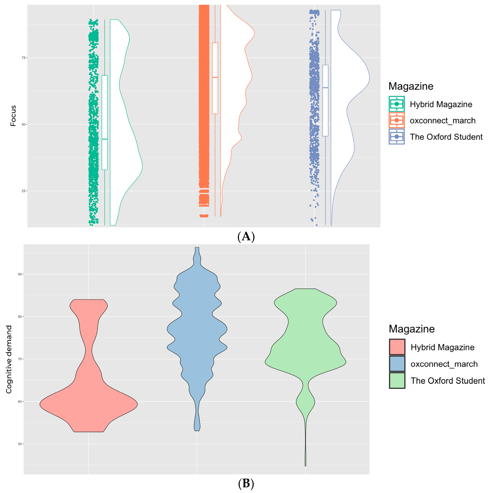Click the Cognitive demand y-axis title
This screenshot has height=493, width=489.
click(x=9, y=359)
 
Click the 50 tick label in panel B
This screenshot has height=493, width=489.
click(x=20, y=444)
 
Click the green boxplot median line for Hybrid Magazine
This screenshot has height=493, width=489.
click(x=105, y=139)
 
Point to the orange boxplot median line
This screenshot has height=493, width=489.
click(x=215, y=77)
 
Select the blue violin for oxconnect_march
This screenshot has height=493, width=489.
click(x=197, y=332)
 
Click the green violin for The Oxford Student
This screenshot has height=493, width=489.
click(x=305, y=357)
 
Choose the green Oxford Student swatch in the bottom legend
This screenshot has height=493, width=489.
click(x=397, y=380)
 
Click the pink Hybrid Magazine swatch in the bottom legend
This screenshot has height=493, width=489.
click(x=397, y=347)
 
